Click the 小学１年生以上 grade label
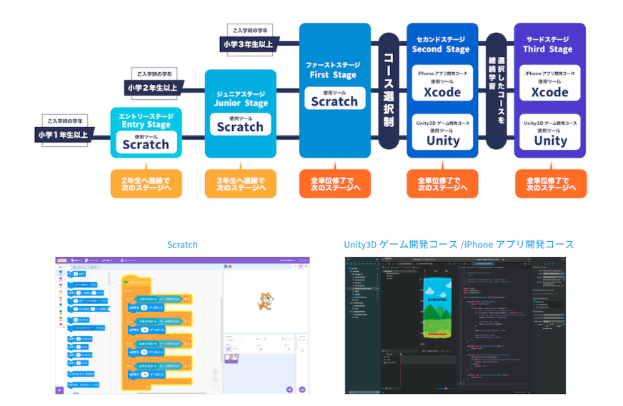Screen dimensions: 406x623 63,134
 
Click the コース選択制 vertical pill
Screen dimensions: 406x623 389,90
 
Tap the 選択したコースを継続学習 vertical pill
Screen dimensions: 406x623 496,90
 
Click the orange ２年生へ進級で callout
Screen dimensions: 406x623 146,183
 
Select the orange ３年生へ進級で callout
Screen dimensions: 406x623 240,183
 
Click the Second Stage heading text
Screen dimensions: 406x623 441,49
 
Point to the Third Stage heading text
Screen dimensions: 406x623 548,49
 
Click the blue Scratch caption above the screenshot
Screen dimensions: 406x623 182,244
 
